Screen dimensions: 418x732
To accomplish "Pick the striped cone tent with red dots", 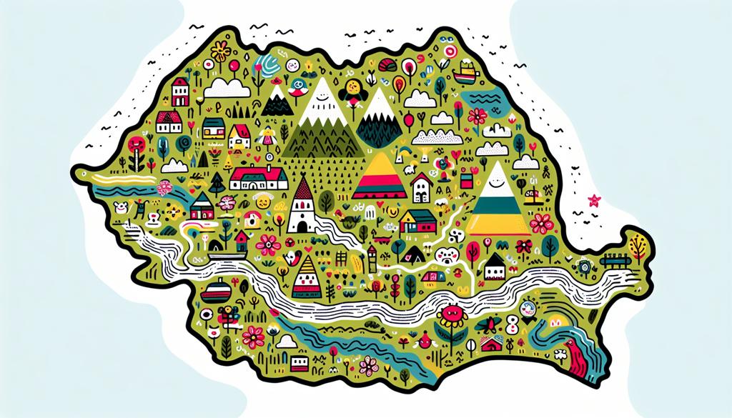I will pyautogui.click(x=305, y=277).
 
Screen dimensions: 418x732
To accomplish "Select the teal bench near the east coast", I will pyautogui.click(x=615, y=252).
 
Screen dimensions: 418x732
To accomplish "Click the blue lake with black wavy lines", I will pyautogui.click(x=484, y=101).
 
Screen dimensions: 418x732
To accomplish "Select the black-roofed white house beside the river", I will pyautogui.click(x=495, y=268).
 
